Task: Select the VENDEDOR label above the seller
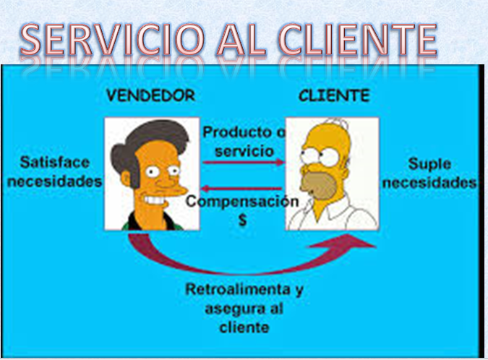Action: pos(150,95)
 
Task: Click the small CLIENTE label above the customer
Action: pos(333,95)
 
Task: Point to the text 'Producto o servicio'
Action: pos(243,142)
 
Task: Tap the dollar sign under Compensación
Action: pos(242,220)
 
